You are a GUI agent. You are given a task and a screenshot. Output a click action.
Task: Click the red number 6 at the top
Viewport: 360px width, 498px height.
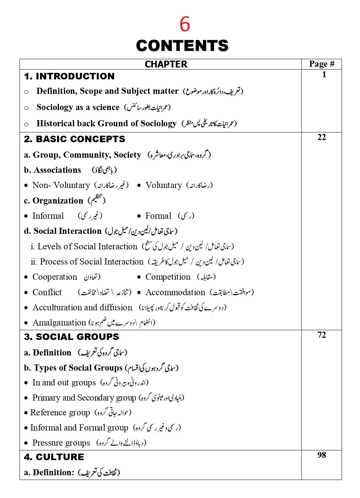coord(185,24)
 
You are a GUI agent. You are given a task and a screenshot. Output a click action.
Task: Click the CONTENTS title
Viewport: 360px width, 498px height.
coord(182,46)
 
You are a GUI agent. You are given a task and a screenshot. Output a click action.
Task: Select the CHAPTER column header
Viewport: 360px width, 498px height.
coord(166,64)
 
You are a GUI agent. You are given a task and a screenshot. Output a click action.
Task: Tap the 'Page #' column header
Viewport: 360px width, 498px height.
coord(321,64)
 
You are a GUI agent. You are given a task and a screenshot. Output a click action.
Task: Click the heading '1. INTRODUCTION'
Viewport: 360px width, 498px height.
coord(69,76)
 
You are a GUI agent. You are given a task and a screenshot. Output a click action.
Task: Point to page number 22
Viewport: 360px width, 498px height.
coord(321,137)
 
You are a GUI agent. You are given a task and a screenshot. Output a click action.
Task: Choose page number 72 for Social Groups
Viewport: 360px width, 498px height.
coord(321,335)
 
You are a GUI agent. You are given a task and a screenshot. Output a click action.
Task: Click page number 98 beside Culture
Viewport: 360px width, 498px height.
coord(321,455)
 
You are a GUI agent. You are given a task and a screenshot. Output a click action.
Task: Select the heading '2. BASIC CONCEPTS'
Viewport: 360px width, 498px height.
coord(74,139)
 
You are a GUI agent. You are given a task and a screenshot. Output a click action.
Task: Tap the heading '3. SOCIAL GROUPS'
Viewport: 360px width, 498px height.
coord(71,337)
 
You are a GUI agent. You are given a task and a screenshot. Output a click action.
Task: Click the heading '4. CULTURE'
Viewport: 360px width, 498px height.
coord(54,457)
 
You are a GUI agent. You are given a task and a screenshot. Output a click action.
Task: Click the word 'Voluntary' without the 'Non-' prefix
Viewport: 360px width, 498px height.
coord(164,185)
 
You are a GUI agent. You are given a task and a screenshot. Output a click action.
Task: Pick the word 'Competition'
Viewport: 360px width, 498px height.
coord(168,277)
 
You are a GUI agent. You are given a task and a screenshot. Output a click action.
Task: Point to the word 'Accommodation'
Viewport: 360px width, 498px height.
coord(175,292)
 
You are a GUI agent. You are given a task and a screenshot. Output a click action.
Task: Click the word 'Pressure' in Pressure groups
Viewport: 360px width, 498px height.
coord(47,443)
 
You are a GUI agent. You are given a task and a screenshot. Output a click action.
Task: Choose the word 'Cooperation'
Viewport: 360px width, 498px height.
coord(55,277)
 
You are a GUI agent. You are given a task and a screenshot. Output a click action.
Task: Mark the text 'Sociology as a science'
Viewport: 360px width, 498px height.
coord(78,107)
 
